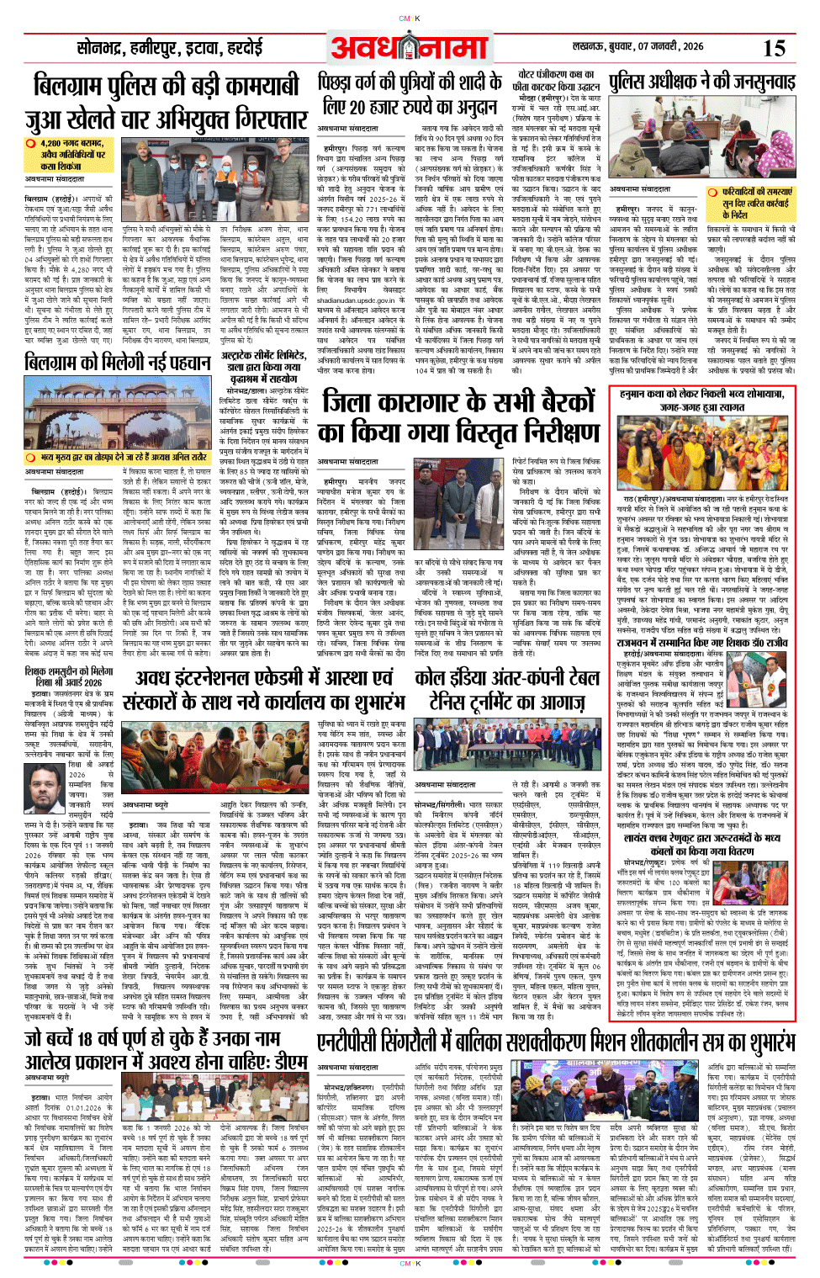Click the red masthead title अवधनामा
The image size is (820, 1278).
tap(409, 49)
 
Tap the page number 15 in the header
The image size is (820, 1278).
tap(773, 47)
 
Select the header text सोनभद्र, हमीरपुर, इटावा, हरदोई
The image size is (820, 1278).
tap(169, 48)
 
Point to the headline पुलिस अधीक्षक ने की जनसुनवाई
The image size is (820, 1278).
tap(701, 82)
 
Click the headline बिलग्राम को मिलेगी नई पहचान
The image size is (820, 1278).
tap(117, 363)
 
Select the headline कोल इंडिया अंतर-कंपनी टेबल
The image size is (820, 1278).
tap(507, 678)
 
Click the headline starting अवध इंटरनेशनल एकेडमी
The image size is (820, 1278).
tap(265, 678)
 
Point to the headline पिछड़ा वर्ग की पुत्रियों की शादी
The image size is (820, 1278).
tap(410, 82)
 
